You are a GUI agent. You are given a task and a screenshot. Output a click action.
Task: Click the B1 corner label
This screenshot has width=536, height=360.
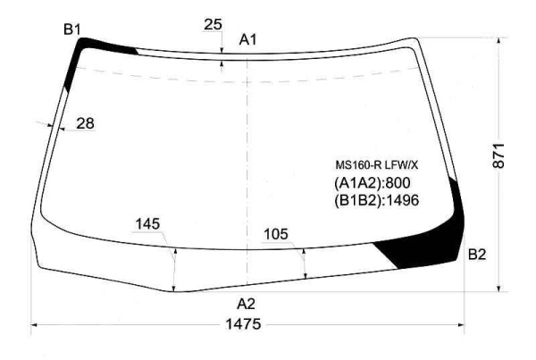(x=72, y=29)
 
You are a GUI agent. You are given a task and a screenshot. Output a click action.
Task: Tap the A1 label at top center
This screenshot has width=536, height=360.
(x=247, y=40)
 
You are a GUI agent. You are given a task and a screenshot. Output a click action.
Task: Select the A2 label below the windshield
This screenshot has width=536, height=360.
(x=247, y=304)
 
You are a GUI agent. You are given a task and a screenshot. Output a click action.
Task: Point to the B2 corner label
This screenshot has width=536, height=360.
(x=477, y=255)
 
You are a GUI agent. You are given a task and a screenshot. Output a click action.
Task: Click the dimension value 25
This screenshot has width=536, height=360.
(x=213, y=25)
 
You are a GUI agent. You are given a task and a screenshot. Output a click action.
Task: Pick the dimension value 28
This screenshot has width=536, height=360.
(x=85, y=123)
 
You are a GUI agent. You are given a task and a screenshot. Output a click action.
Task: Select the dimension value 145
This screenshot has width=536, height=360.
(x=147, y=224)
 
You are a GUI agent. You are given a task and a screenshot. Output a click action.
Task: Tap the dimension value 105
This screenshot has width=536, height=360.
(x=276, y=235)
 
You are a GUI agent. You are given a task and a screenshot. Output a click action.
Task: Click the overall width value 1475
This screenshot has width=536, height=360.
(x=243, y=324)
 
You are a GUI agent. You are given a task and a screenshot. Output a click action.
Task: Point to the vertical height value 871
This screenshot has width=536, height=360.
(x=498, y=155)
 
